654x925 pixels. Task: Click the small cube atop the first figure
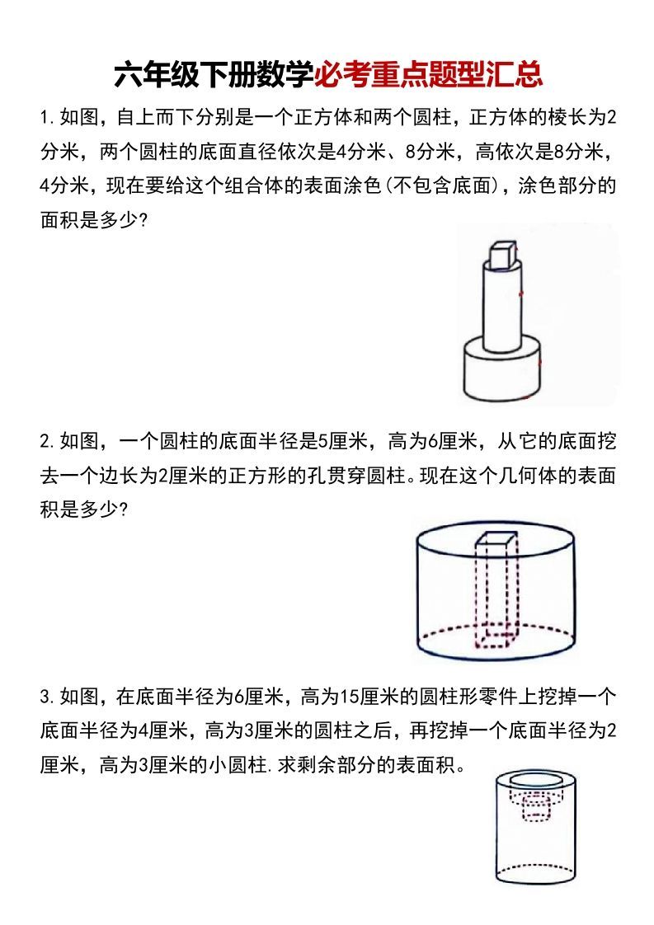[501, 255]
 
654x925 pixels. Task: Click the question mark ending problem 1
[143, 221]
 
